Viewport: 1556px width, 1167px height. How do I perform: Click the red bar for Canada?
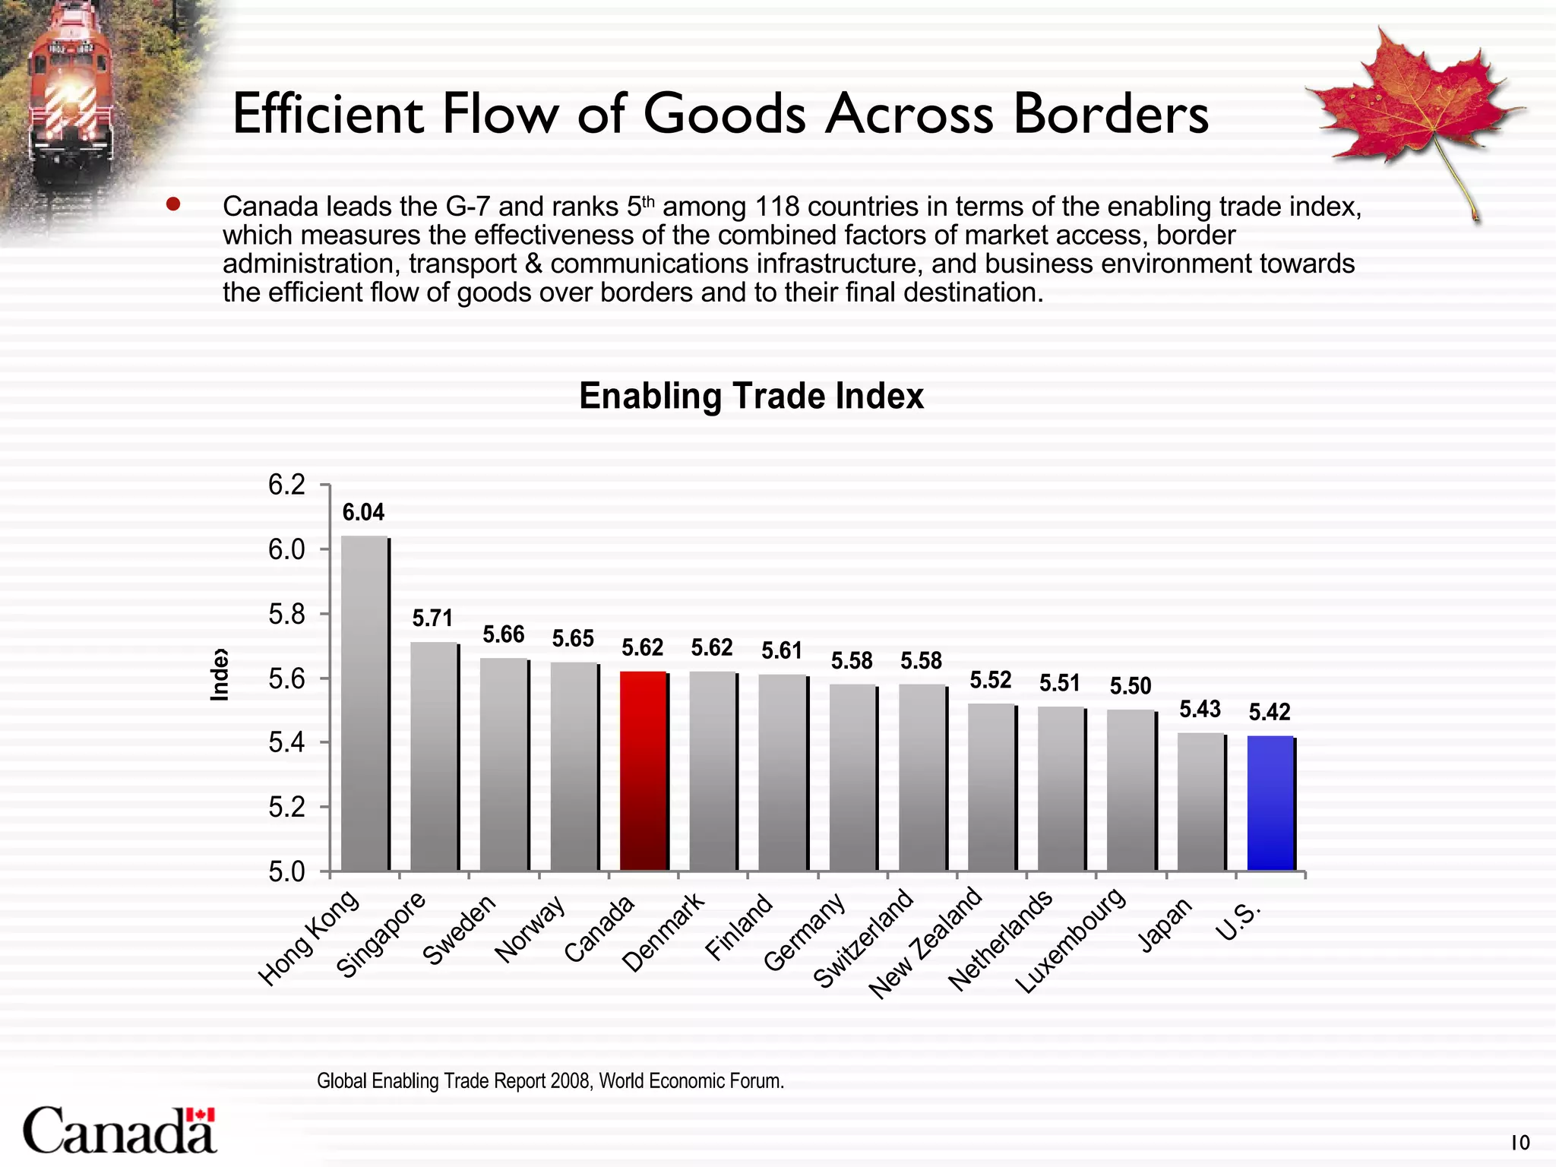644,771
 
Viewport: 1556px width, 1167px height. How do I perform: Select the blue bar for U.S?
1270,803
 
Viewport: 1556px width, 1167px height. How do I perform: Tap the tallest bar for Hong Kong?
364,703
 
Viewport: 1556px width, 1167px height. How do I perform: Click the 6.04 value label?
363,513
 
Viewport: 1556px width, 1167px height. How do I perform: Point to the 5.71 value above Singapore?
432,618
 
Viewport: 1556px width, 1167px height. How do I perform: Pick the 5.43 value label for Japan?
1200,709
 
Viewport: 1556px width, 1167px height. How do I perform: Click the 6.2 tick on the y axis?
287,485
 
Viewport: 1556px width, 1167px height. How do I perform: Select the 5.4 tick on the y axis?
287,742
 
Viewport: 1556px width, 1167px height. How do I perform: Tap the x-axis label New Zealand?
927,944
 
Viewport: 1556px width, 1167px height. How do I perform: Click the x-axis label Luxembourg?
1071,941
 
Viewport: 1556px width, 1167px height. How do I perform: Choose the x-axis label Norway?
530,929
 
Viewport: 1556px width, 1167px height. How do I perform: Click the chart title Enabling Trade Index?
751,396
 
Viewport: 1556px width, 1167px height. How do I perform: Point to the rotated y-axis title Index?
219,675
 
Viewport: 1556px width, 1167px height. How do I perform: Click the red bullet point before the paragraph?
173,204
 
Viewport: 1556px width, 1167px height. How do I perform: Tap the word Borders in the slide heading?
1110,115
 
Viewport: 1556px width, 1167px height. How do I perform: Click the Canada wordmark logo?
119,1131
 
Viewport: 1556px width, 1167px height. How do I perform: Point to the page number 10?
1520,1143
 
